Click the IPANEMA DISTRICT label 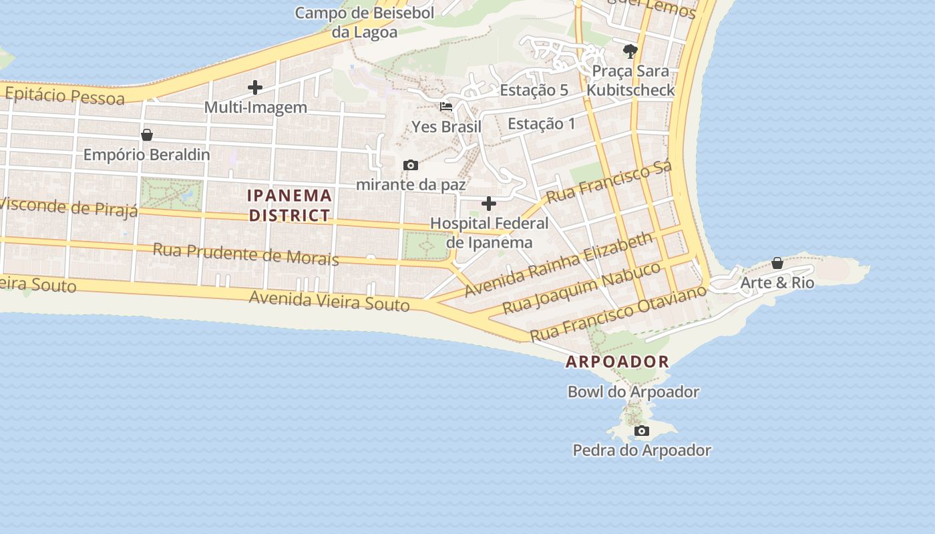pos(289,205)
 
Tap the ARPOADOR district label pos(617,362)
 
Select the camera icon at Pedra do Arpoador pos(642,431)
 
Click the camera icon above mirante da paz pos(411,165)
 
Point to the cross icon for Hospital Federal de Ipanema pos(489,204)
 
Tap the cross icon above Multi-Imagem pos(255,87)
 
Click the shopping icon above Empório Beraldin pos(147,136)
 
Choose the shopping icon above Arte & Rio pos(777,263)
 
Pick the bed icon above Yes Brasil pos(446,107)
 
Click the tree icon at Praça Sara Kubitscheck pos(630,51)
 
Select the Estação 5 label pos(534,90)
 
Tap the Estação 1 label pos(541,123)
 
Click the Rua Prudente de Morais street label pos(246,254)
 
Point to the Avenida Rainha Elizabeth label pos(558,265)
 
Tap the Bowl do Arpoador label pos(633,392)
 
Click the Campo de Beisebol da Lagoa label pos(365,22)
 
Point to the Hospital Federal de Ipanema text pos(489,232)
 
